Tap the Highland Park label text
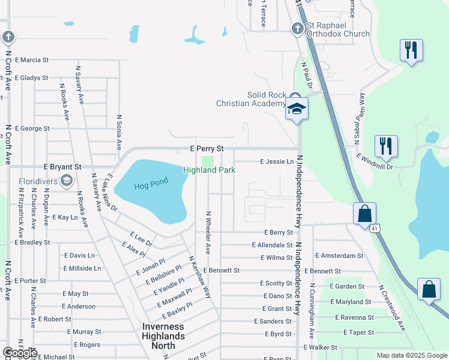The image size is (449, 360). [x=209, y=170]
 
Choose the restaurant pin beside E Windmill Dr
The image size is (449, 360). [x=385, y=146]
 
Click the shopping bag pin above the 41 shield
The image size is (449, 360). [x=364, y=214]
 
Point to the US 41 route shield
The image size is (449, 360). [x=375, y=228]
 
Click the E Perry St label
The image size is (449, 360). [x=206, y=148]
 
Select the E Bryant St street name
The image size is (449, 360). [x=62, y=167]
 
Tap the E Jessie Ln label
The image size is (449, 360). [x=277, y=161]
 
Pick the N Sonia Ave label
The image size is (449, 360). [x=119, y=133]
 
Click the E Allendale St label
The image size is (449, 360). [x=272, y=245]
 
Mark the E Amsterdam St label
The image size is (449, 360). [x=339, y=255]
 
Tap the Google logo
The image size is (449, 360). [x=20, y=353]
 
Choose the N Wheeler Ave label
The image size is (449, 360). [x=208, y=232]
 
